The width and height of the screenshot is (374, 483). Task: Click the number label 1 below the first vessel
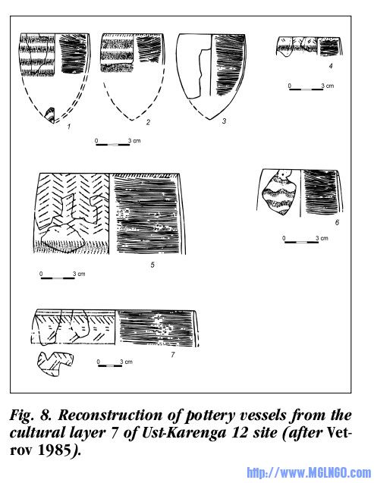(69, 127)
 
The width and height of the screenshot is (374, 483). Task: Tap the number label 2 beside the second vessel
(148, 122)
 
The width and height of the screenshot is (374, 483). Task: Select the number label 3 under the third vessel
(225, 121)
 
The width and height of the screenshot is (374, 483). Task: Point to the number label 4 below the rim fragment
(331, 66)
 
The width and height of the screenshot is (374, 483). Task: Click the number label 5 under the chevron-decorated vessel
(152, 265)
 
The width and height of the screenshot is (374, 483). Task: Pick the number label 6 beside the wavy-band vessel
(337, 222)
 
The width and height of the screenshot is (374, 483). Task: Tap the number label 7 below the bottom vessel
(173, 355)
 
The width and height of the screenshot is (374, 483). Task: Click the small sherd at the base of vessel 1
(50, 115)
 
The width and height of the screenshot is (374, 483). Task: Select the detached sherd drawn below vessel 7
(55, 364)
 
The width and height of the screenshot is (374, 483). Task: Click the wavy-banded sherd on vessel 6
(279, 193)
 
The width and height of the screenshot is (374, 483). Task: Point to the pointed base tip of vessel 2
(132, 120)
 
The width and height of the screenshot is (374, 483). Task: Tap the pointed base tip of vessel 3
(210, 119)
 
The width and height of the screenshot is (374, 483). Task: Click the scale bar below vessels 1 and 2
(113, 145)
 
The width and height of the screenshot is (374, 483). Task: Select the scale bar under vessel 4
(306, 89)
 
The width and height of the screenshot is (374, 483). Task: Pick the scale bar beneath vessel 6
(301, 242)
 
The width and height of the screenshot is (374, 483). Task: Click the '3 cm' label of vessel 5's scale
(79, 274)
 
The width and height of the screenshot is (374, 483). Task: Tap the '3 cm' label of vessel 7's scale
(126, 362)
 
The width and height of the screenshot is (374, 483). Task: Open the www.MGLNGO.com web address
(309, 472)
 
